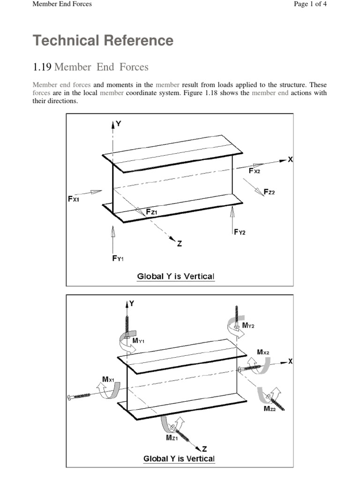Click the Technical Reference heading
(103, 41)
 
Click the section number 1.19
(42, 67)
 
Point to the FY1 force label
(118, 258)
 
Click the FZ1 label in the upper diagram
(151, 212)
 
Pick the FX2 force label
(255, 171)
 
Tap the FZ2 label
(269, 192)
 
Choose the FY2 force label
(240, 232)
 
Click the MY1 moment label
(138, 341)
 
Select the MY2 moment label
(248, 325)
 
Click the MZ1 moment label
(172, 438)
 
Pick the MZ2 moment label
(270, 409)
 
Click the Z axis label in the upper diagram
(179, 243)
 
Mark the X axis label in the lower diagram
(290, 361)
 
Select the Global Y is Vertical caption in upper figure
(175, 276)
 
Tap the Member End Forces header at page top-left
(62, 4)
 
